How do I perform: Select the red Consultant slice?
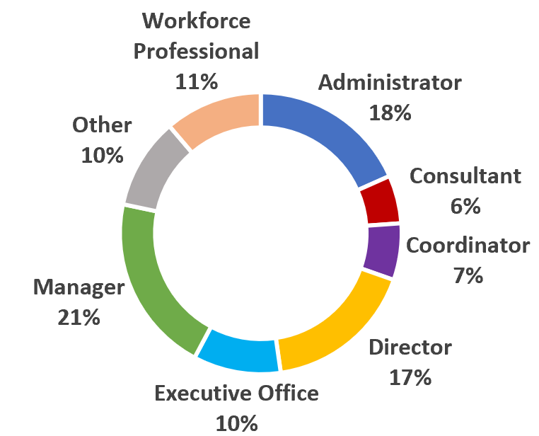380,201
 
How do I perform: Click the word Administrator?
390,83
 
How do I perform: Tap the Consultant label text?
465,176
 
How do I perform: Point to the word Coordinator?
468,246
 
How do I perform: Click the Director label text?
410,348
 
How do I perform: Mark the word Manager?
79,287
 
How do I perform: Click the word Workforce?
196,21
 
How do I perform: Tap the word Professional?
196,51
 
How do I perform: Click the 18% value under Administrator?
390,113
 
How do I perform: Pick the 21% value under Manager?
79,318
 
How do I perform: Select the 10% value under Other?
102,156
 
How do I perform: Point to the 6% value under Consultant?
465,206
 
